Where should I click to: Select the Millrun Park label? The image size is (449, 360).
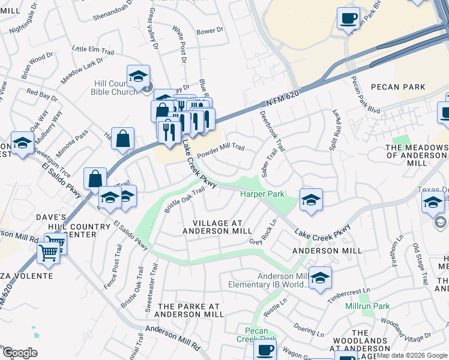pyautogui.click(x=368, y=306)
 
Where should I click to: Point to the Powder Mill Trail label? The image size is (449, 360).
pyautogui.click(x=221, y=150)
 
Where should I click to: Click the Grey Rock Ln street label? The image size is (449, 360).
pyautogui.click(x=264, y=232)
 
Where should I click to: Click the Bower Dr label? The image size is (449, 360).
pyautogui.click(x=209, y=30)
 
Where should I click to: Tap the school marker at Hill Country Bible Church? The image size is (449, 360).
pyautogui.click(x=138, y=76)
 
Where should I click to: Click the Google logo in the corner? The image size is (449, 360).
pyautogui.click(x=20, y=353)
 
